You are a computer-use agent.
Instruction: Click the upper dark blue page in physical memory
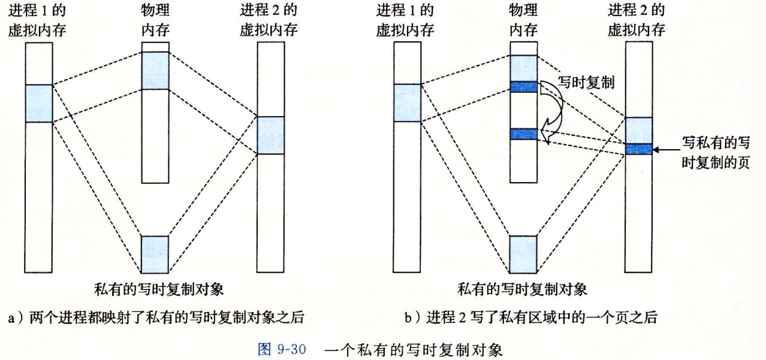pyautogui.click(x=523, y=87)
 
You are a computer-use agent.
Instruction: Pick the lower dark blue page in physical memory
pyautogui.click(x=523, y=134)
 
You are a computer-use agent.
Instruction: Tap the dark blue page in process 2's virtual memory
pyautogui.click(x=638, y=149)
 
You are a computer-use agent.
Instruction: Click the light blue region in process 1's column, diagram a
pyautogui.click(x=39, y=103)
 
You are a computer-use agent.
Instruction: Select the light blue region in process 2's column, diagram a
pyautogui.click(x=270, y=135)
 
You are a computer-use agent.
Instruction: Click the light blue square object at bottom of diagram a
pyautogui.click(x=155, y=255)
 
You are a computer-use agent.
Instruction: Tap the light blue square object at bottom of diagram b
pyautogui.click(x=523, y=255)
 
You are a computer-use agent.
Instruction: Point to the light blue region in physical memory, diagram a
pyautogui.click(x=155, y=71)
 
